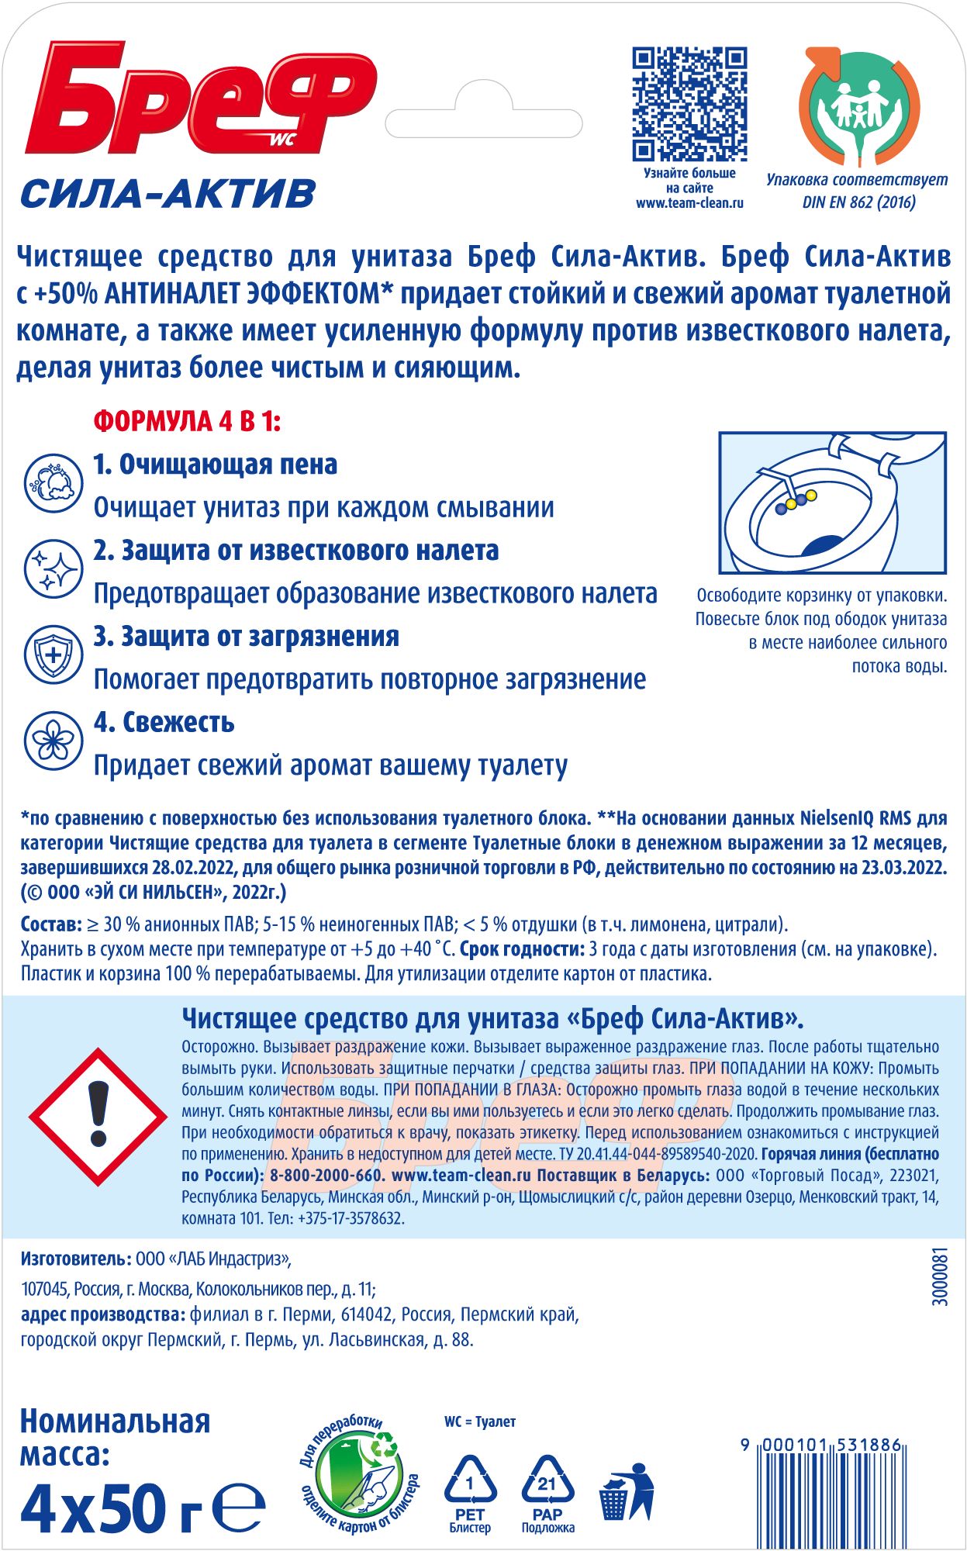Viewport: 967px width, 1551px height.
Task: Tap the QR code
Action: pyautogui.click(x=689, y=104)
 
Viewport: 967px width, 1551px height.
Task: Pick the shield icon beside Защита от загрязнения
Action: pyautogui.click(x=53, y=655)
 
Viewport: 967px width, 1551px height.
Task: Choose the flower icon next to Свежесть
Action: pyautogui.click(x=53, y=741)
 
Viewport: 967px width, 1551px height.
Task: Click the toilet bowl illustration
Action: pyautogui.click(x=832, y=503)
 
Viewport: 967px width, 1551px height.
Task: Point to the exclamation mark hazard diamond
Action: pyautogui.click(x=98, y=1117)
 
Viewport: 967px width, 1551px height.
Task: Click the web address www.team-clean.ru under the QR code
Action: pyautogui.click(x=689, y=203)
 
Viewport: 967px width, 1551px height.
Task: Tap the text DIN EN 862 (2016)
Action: pyautogui.click(x=858, y=202)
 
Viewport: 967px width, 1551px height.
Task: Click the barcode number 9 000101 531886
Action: pyautogui.click(x=821, y=1445)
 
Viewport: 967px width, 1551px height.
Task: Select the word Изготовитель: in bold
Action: pyautogui.click(x=76, y=1258)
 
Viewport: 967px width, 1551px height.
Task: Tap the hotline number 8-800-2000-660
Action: pyautogui.click(x=326, y=1175)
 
